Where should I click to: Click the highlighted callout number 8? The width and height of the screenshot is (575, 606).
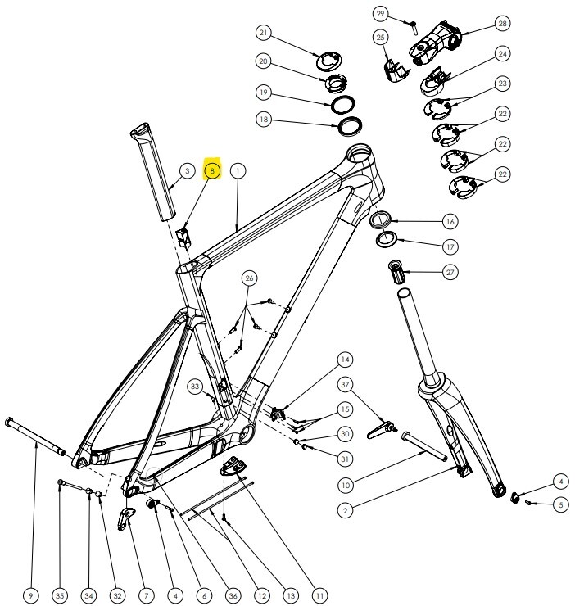pos(212,171)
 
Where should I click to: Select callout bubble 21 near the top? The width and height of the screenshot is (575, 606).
pos(264,34)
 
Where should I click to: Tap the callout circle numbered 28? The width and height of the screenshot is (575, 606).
pos(501,23)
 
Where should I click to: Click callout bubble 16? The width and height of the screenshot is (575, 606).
pos(450,221)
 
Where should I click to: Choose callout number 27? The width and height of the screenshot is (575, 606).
pos(450,272)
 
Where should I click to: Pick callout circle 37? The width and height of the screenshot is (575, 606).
pos(346,384)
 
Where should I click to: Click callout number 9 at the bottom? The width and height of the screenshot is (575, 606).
pos(31,595)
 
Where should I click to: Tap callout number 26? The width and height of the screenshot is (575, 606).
pos(249,278)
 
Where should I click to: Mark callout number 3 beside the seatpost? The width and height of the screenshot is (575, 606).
pos(188,171)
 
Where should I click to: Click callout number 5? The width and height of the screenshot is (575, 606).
pos(560,504)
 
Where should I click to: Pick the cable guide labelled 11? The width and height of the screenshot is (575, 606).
pos(236,465)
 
